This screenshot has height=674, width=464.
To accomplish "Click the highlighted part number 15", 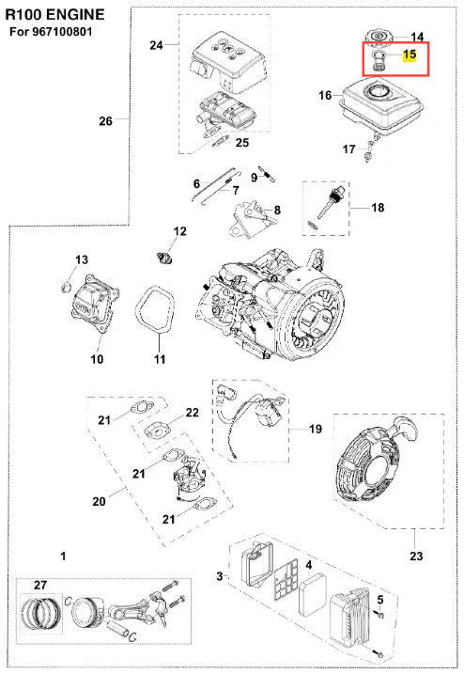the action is (x=410, y=55).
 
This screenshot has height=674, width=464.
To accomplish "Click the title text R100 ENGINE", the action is (x=55, y=15).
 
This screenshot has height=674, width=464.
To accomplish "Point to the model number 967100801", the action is (x=62, y=32).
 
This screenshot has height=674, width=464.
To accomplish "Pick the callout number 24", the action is (x=156, y=45).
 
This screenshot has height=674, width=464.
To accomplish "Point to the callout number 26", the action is (x=106, y=121).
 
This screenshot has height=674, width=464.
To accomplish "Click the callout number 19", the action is (x=316, y=429).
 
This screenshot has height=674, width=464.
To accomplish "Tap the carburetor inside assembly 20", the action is (x=189, y=478).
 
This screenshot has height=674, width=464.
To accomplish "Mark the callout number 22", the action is (x=192, y=413).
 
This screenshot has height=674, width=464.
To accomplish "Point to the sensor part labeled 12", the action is (x=164, y=258).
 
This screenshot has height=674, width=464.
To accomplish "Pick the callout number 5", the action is (x=380, y=599).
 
